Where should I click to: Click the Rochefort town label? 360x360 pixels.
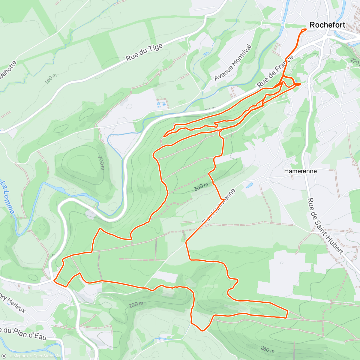[327, 25]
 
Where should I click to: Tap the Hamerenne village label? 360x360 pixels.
[300, 171]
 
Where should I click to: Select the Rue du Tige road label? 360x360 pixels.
[144, 52]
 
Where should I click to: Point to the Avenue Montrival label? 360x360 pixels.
[233, 62]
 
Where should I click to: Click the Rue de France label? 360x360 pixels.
[275, 72]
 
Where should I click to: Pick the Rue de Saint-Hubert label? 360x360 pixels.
[325, 226]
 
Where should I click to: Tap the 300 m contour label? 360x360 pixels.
[201, 187]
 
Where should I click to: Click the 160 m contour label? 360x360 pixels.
[50, 79]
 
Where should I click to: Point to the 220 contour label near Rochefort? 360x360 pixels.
[355, 61]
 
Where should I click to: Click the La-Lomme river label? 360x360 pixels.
[8, 196]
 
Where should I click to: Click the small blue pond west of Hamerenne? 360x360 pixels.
[250, 185]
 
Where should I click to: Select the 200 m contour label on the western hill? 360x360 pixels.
[101, 163]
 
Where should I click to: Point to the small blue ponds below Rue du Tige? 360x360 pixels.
[161, 104]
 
